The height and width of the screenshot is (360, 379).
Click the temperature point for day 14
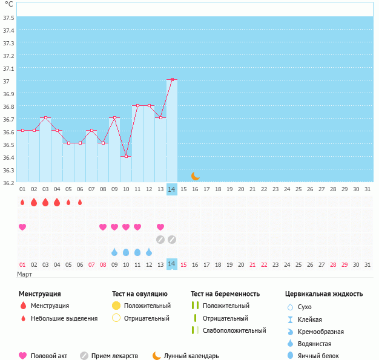pyautogui.click(x=172, y=79)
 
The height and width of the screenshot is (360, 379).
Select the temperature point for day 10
pyautogui.click(x=126, y=156)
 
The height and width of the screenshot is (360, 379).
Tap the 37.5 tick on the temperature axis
pyautogui.click(x=8, y=17)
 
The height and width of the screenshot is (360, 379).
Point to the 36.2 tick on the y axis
pyautogui.click(x=8, y=182)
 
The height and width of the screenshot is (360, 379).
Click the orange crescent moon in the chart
pyautogui.click(x=195, y=176)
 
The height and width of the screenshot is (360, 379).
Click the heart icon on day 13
pyautogui.click(x=160, y=227)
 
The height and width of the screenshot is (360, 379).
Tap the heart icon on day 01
pyautogui.click(x=22, y=227)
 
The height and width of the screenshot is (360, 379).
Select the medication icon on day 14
pyautogui.click(x=172, y=239)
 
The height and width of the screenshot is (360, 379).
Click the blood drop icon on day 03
pyautogui.click(x=45, y=202)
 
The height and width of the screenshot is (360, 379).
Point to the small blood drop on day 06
pyautogui.click(x=80, y=202)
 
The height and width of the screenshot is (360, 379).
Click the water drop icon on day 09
pyautogui.click(x=114, y=252)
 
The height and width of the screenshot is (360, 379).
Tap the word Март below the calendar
pyautogui.click(x=24, y=275)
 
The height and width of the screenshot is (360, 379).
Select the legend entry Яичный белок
pyautogui.click(x=322, y=356)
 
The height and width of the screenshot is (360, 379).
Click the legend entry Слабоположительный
pyautogui.click(x=234, y=330)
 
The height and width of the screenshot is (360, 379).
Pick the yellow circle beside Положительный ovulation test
pyautogui.click(x=116, y=306)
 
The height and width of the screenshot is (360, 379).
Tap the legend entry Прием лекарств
pyautogui.click(x=114, y=356)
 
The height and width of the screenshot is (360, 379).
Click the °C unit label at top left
pyautogui.click(x=8, y=4)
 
